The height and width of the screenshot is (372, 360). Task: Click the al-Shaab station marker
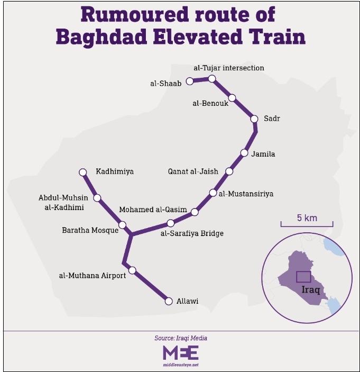tap(191, 82)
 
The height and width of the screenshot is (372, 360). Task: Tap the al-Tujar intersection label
tap(228, 68)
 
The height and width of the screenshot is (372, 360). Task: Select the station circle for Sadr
tap(254, 119)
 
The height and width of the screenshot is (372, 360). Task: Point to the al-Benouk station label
tap(210, 103)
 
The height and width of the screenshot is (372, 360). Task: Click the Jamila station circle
tap(244, 153)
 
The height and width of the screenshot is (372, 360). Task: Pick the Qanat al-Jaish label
tap(193, 171)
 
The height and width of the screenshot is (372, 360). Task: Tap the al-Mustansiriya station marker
tap(213, 193)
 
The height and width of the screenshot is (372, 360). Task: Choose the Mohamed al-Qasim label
tap(153, 210)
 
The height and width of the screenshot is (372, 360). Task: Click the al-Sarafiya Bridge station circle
tap(170, 223)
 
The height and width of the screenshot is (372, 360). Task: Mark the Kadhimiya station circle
tap(82, 172)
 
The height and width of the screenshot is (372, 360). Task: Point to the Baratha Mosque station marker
tap(122, 225)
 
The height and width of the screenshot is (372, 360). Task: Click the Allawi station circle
tap(169, 301)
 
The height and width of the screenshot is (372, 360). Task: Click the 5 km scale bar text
tap(307, 217)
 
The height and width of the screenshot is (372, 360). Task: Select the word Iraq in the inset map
tap(311, 290)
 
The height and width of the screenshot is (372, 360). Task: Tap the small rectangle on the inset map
tap(303, 277)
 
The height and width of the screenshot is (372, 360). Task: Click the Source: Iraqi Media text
tap(180, 338)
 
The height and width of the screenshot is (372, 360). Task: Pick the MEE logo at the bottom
tap(180, 353)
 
